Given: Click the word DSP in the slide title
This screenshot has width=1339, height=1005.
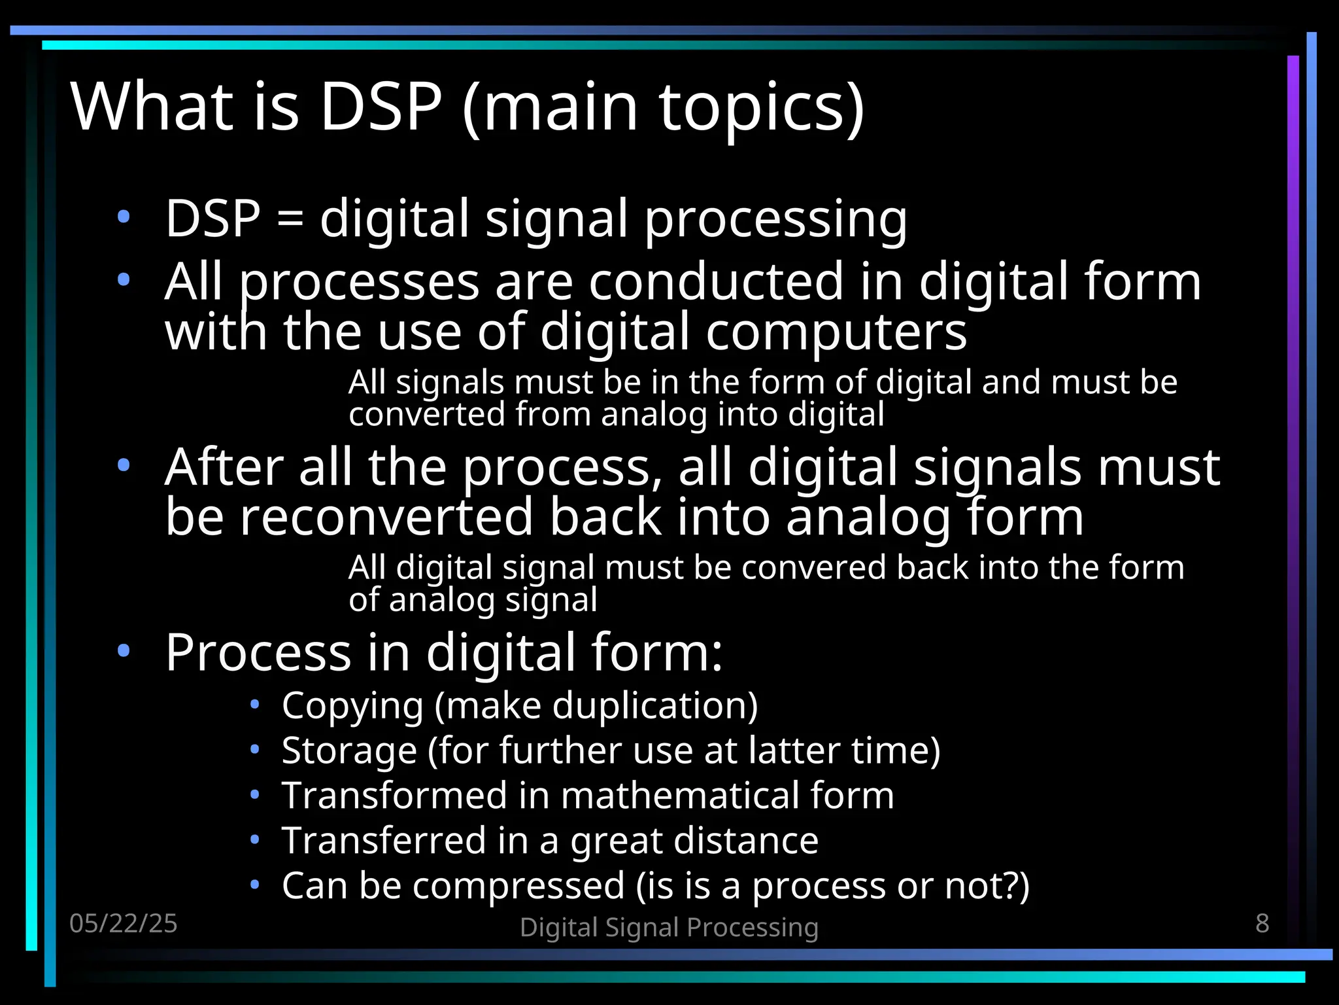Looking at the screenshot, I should [381, 106].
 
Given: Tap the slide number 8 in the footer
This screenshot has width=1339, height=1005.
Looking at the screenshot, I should [1263, 923].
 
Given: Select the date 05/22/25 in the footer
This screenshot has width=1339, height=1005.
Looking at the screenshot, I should [124, 923].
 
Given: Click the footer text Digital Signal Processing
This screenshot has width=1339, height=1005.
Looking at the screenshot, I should [669, 927].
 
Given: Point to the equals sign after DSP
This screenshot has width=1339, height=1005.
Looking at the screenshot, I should [290, 219].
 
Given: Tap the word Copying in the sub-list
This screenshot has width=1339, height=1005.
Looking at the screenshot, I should [352, 706].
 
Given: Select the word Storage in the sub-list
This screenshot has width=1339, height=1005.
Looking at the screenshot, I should [349, 750].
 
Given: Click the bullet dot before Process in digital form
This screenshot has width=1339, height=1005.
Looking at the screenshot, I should [124, 651].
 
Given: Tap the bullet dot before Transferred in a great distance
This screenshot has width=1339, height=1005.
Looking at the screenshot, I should [255, 839].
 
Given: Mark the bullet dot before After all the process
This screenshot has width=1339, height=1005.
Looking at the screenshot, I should [124, 466].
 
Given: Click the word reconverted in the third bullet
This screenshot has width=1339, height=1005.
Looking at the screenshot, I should [386, 517].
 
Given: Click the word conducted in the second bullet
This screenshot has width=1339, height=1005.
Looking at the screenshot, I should [716, 282].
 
